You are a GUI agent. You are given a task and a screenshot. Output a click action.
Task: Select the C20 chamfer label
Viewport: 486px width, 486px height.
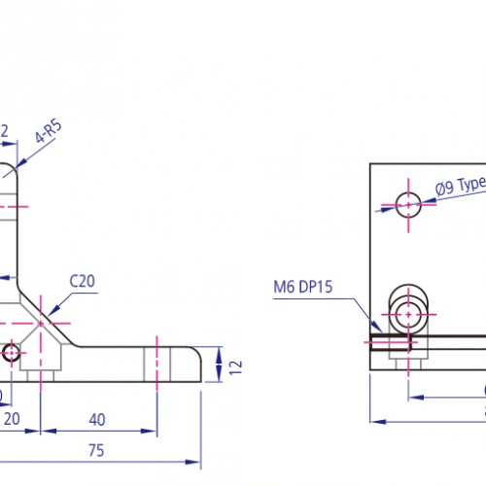(x=82, y=282)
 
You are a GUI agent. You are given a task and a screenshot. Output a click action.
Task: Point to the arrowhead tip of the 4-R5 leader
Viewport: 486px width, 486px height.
(x=22, y=167)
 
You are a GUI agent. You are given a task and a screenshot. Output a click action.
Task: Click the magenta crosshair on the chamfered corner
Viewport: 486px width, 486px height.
(x=42, y=319)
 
